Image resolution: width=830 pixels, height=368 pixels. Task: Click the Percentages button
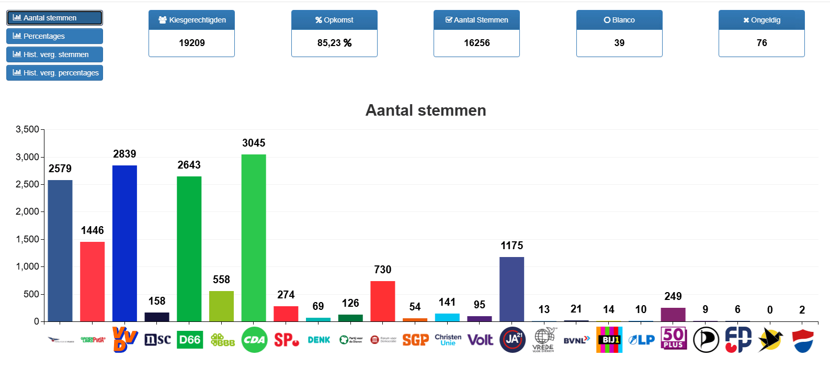click(x=54, y=36)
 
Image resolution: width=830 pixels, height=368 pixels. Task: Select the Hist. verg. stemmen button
click(x=54, y=54)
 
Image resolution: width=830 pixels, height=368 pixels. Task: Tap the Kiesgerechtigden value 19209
click(x=191, y=43)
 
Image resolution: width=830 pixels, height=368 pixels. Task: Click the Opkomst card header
click(x=334, y=20)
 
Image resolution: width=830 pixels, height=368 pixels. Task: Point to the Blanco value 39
click(x=619, y=43)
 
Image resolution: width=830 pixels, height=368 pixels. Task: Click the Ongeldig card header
click(x=761, y=20)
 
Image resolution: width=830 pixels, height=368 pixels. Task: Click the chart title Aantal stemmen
click(x=426, y=110)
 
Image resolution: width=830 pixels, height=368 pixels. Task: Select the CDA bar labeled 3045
click(x=254, y=238)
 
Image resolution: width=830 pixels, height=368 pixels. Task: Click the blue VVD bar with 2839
click(x=124, y=243)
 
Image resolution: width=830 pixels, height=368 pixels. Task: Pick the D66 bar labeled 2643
click(x=189, y=249)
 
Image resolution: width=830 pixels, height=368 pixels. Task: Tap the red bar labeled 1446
click(x=92, y=282)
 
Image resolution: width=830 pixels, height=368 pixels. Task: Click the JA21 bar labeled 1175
click(x=511, y=289)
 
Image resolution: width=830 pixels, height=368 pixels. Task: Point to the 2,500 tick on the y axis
click(x=27, y=184)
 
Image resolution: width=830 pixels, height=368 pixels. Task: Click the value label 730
click(x=382, y=270)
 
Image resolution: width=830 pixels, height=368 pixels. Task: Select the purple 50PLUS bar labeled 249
click(x=673, y=315)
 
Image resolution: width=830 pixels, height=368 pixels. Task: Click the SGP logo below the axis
click(x=415, y=340)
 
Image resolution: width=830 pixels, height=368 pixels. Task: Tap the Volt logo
click(x=480, y=340)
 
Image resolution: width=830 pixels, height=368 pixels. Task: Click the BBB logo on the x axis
click(x=222, y=340)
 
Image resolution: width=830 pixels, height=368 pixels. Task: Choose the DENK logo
click(x=319, y=340)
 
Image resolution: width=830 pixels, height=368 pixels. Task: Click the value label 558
click(x=221, y=280)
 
